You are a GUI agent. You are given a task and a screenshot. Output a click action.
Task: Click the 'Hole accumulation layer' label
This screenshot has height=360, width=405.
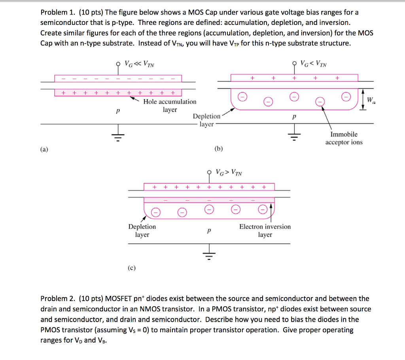click(x=170, y=106)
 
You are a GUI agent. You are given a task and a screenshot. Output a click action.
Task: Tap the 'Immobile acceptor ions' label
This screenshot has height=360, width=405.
click(x=344, y=138)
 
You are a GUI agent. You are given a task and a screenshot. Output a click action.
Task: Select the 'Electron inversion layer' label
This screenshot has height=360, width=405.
click(x=265, y=231)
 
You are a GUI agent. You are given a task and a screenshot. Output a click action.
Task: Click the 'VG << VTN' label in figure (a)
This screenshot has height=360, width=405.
click(x=139, y=63)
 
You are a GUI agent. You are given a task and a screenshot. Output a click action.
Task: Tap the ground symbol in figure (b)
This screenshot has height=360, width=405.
click(x=293, y=136)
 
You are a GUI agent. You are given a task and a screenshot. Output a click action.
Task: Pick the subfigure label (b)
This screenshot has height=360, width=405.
click(x=218, y=149)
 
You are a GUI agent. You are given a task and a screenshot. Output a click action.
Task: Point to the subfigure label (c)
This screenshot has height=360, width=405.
click(x=131, y=268)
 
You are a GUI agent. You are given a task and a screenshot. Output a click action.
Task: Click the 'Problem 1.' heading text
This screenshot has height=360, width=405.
click(x=57, y=13)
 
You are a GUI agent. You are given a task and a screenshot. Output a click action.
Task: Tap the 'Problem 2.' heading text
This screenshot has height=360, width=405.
click(x=57, y=299)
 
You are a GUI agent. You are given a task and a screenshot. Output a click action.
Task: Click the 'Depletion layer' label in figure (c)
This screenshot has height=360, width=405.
click(x=142, y=231)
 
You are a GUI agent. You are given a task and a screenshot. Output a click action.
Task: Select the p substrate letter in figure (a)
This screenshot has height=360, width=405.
click(x=117, y=112)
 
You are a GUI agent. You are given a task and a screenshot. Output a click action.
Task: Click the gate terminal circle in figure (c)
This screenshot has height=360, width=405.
click(x=210, y=172)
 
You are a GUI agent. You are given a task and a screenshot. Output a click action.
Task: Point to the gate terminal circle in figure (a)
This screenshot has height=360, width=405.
click(x=117, y=63)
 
